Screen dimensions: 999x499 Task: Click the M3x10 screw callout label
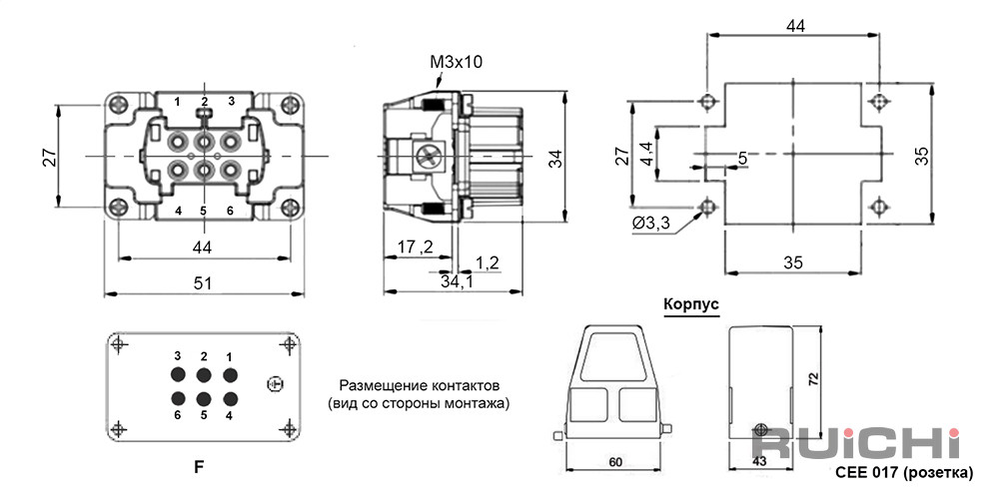(457, 62)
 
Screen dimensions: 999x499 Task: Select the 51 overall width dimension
(203, 283)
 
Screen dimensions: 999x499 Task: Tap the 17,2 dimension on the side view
(416, 247)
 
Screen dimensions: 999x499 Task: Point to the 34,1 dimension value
(457, 280)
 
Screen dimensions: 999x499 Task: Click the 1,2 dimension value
(488, 262)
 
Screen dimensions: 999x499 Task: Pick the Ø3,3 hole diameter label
(651, 224)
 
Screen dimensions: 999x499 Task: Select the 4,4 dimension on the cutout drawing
(646, 154)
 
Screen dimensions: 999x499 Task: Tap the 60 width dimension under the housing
(614, 462)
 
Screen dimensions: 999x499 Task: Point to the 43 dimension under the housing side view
(759, 462)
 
